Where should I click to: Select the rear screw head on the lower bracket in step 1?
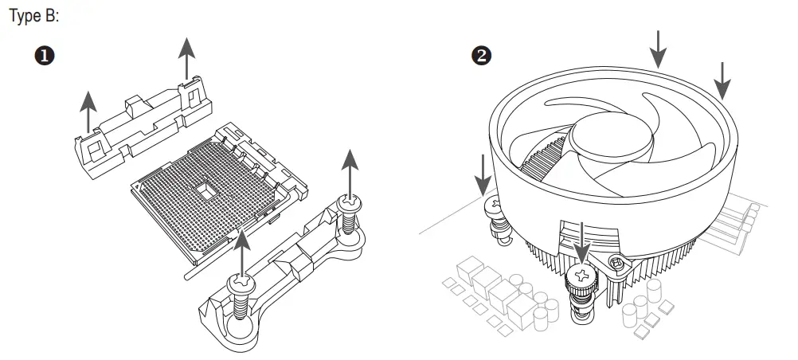(349, 205)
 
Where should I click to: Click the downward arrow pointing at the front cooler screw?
(584, 240)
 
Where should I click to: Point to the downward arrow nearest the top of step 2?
(657, 48)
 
